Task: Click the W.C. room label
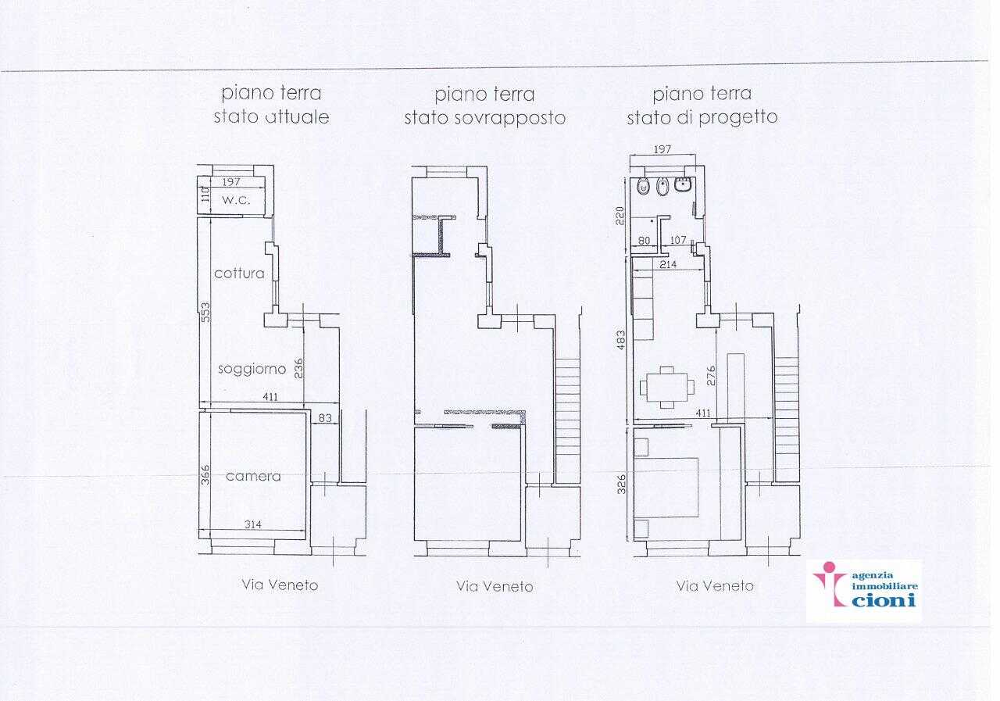(x=236, y=200)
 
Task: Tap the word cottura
(x=239, y=274)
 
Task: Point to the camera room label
(x=253, y=477)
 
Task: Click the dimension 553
(x=205, y=313)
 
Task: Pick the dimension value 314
(x=252, y=524)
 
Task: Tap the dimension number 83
(x=325, y=418)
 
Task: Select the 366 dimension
(x=205, y=475)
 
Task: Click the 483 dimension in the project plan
(x=620, y=340)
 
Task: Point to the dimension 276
(x=711, y=375)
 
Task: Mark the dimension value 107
(x=677, y=240)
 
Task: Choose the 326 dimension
(x=621, y=484)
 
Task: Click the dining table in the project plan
(x=667, y=387)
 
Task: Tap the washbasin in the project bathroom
(x=683, y=184)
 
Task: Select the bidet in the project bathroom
(x=662, y=187)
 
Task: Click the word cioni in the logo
(x=884, y=599)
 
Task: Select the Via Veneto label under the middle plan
(x=495, y=586)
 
